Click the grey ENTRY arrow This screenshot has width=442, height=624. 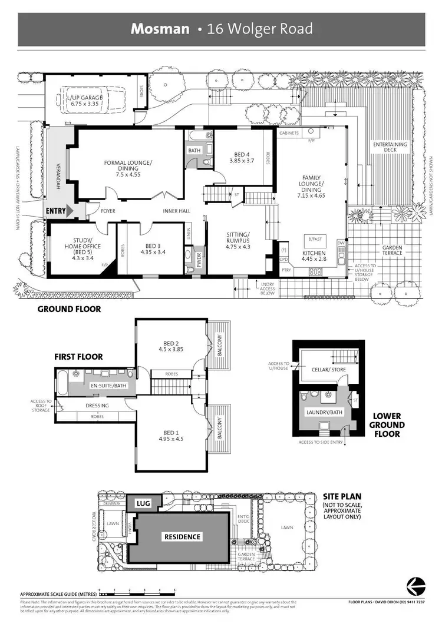coord(69,210)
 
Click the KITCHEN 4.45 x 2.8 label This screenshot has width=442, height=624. coord(314,254)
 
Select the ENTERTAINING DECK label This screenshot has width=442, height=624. coord(390,147)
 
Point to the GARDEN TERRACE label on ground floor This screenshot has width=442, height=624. coord(392,251)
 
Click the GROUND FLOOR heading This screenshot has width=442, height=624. coord(69,308)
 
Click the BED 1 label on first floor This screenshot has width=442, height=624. coord(171,434)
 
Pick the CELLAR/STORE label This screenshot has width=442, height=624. coord(328,370)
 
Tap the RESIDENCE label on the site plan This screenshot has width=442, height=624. coord(182,536)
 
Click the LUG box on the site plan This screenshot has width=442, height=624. coord(143,504)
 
